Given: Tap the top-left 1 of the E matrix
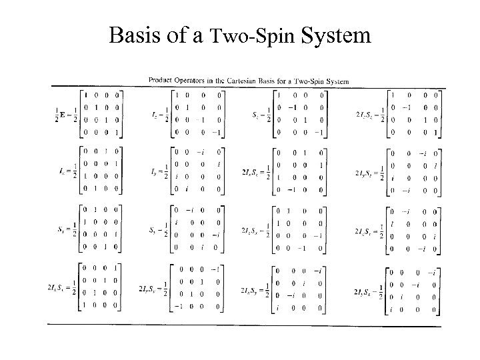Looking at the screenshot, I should (86, 94).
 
